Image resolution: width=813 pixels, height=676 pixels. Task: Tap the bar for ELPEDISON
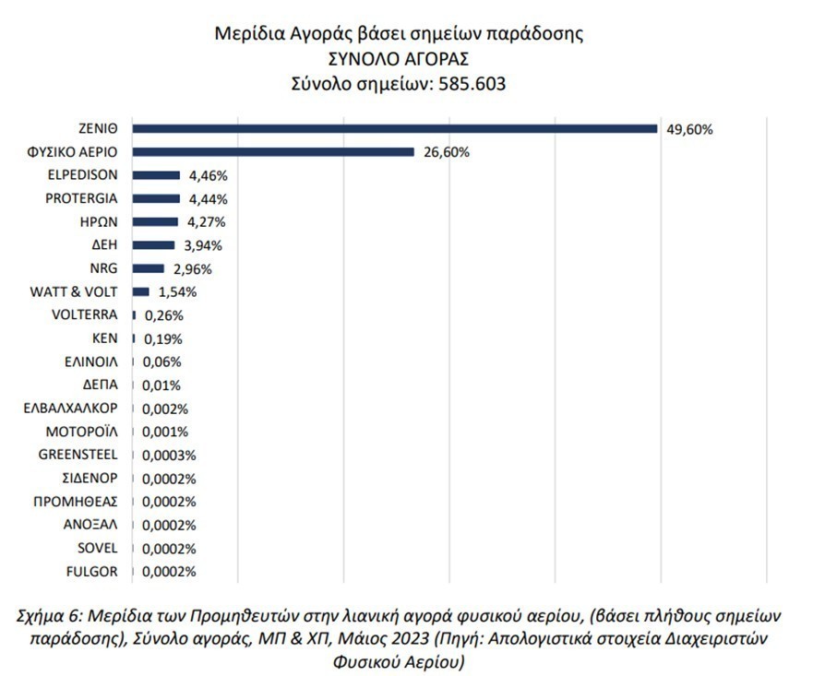(x=156, y=175)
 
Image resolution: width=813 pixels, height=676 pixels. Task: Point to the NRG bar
(x=149, y=268)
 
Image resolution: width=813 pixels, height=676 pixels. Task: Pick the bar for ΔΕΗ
(x=153, y=245)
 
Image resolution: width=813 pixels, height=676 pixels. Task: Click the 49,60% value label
(x=689, y=130)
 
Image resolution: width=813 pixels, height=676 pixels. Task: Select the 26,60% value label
(x=446, y=153)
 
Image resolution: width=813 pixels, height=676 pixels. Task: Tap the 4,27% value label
(x=204, y=222)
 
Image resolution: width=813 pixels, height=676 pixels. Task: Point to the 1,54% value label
(x=175, y=292)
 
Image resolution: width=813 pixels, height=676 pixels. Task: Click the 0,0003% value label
(x=172, y=456)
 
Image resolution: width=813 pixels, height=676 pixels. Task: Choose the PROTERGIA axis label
(x=81, y=198)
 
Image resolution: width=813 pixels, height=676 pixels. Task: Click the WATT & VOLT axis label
(x=75, y=291)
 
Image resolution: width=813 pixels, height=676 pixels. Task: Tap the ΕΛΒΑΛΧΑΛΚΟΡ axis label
(x=71, y=409)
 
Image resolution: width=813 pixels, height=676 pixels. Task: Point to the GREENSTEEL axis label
(x=78, y=455)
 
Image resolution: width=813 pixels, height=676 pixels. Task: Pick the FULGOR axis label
(x=92, y=572)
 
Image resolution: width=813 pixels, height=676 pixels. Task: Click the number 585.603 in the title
(x=472, y=83)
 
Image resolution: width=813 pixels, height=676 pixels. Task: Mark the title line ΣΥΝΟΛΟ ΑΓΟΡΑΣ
(x=399, y=59)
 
